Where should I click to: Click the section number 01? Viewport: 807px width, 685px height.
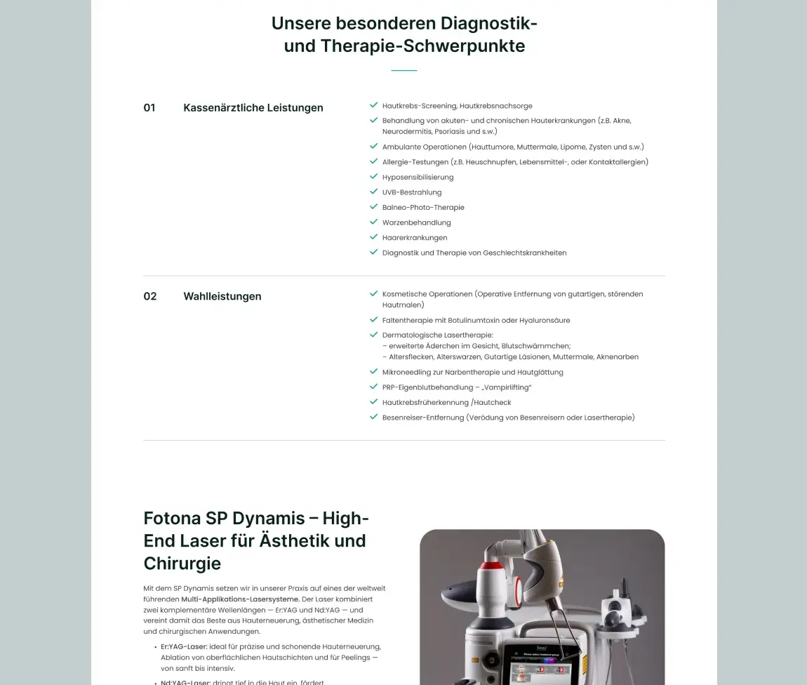149,108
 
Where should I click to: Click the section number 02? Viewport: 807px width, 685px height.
150,296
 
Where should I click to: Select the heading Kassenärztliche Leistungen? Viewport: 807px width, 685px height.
253,108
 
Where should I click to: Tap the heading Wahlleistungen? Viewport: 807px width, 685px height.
222,296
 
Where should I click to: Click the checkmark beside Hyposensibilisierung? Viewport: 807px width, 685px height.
374,177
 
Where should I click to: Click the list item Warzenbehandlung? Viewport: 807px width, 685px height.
417,222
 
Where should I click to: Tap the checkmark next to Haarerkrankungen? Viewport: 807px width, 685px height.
374,237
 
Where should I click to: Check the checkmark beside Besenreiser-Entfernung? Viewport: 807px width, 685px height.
374,417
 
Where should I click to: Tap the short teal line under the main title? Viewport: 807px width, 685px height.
403,71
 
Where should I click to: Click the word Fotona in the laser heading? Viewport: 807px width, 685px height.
172,519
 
